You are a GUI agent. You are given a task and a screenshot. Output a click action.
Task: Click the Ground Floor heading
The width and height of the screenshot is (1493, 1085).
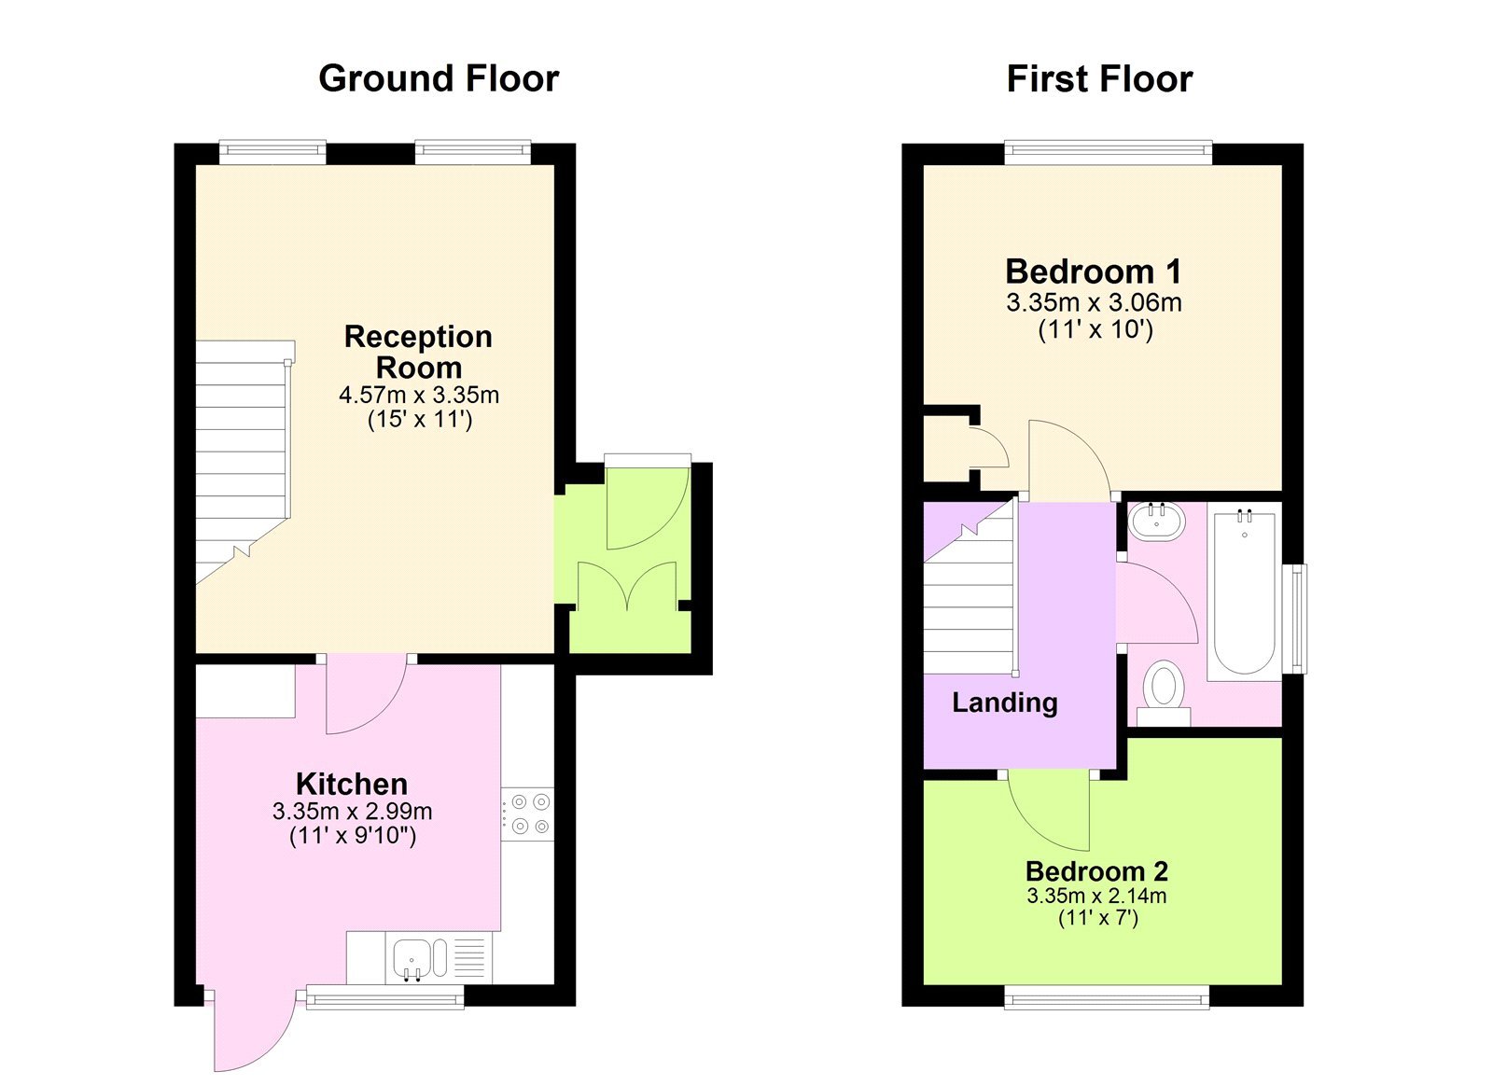[439, 78]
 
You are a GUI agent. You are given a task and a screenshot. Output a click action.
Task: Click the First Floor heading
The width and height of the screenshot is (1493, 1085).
[1099, 79]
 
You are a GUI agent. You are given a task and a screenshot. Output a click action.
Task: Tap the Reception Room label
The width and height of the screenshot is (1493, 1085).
[418, 352]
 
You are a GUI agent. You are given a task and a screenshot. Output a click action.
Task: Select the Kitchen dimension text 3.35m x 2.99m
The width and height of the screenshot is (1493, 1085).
[352, 811]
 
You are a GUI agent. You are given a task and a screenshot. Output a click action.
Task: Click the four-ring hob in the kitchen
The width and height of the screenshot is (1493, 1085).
[528, 814]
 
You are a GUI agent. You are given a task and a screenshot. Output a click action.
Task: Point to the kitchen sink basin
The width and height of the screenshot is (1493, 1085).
[411, 958]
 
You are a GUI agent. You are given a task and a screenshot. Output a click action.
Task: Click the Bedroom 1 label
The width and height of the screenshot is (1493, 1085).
[1094, 271]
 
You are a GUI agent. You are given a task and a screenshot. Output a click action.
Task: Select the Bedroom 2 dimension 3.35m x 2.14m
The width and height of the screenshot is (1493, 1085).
[1096, 896]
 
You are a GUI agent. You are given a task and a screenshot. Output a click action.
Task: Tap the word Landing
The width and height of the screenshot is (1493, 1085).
[1004, 702]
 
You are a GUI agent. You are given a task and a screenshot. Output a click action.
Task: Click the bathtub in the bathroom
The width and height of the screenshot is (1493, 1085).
[1244, 592]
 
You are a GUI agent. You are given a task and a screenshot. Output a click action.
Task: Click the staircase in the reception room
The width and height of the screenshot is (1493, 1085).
[241, 457]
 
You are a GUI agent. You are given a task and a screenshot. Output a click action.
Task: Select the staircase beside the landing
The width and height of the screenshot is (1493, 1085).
[969, 597]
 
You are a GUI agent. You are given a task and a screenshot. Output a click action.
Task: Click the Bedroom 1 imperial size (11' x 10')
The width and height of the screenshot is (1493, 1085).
[1095, 329]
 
